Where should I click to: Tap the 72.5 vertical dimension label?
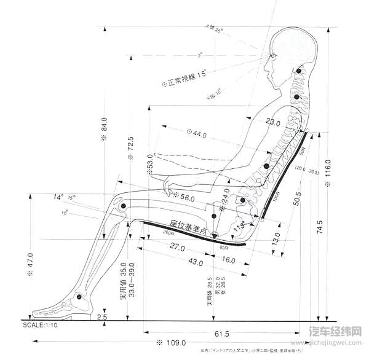pos(130,147)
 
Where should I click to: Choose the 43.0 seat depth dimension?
pos(195,263)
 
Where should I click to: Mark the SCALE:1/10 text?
pos(43,324)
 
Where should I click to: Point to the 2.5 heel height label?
pos(101,317)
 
